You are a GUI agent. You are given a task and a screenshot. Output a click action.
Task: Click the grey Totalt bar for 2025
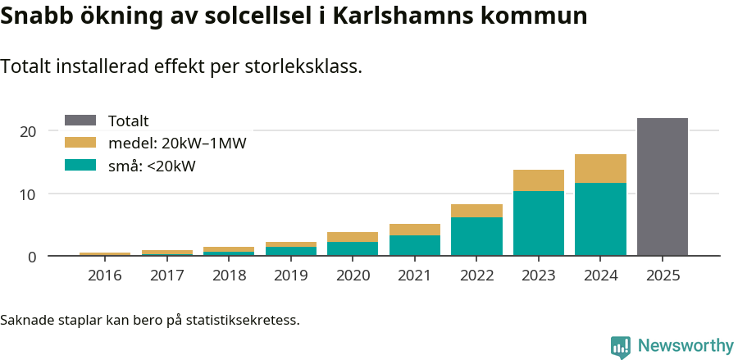point(662,187)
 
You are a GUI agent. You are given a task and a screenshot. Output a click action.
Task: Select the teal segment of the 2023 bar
point(538,223)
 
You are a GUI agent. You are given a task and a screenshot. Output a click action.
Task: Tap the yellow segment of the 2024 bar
point(600,168)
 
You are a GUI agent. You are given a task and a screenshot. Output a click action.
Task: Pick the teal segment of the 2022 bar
point(476,236)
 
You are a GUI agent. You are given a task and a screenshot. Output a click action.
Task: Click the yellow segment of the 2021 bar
point(414,230)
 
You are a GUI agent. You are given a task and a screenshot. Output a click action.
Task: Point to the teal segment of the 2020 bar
point(353,248)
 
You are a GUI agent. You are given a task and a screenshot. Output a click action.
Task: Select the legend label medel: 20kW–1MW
point(177,144)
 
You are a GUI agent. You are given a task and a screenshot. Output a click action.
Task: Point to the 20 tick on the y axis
point(28,131)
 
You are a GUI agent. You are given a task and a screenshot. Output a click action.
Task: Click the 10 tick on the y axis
point(28,194)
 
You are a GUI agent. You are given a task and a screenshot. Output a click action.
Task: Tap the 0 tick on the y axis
point(32,257)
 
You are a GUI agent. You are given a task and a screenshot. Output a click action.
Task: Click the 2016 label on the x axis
point(104,276)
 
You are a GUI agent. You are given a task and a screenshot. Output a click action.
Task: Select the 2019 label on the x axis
point(290,276)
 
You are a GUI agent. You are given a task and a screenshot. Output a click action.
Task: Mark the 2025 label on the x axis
point(663,276)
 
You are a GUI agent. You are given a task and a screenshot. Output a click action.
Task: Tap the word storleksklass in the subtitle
point(303,67)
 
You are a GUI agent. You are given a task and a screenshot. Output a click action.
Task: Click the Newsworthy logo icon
point(621,346)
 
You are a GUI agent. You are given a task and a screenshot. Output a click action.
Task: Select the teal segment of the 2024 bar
point(600,219)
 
